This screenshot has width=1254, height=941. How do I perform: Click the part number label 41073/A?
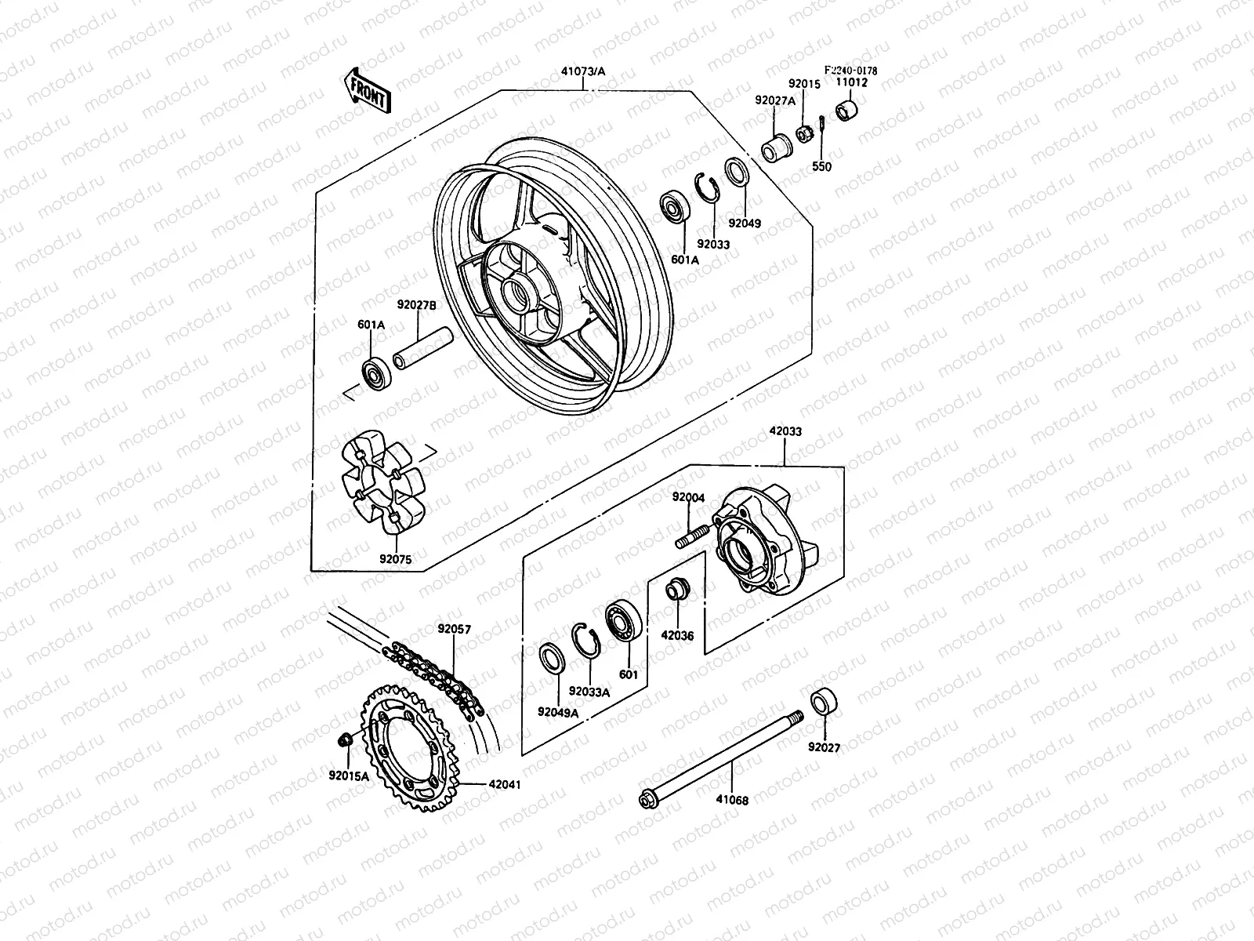coord(583,71)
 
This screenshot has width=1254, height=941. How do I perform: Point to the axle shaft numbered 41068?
coord(721,758)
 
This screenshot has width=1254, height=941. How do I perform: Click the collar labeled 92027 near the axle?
coord(822,700)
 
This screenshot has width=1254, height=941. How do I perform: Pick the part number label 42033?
coord(785,431)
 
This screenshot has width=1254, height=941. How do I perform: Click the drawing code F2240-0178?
coord(850,71)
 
